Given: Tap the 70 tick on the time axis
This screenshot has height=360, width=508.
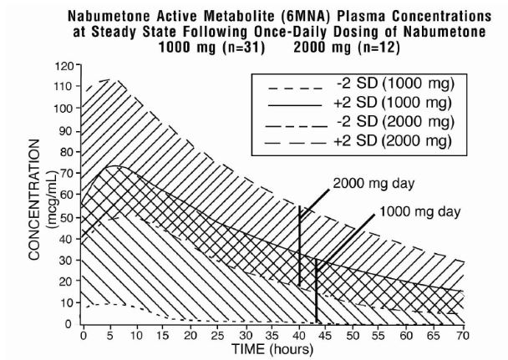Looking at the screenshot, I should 460,334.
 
